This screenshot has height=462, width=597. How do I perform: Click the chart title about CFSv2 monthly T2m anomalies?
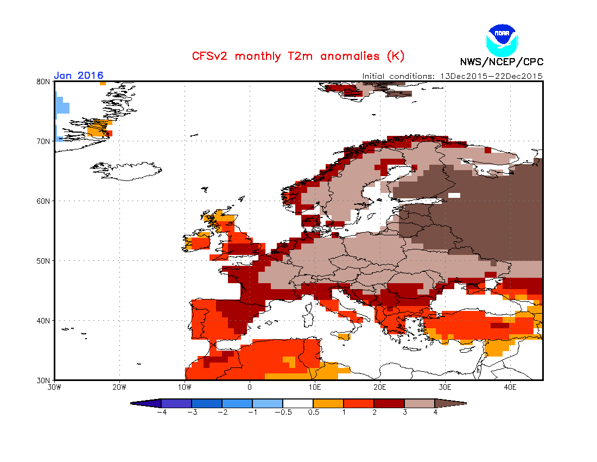point(298,56)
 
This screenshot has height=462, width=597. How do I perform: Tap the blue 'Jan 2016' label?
point(79,76)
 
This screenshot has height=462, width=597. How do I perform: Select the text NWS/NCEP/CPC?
point(501,61)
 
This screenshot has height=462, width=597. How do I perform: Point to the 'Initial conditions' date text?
point(452,76)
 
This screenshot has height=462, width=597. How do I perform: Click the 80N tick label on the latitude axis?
point(44,82)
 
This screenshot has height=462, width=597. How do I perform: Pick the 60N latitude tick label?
point(44,201)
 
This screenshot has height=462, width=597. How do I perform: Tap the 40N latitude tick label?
point(44,321)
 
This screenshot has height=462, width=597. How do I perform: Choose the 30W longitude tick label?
point(54,387)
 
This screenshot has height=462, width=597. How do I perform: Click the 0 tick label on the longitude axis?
point(250,387)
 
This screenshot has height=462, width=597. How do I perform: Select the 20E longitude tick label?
point(380,387)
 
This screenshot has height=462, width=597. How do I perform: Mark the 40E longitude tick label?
point(510,387)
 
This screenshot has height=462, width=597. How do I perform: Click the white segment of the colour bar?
point(298,403)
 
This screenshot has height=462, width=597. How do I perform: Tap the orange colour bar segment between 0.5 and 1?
point(328,403)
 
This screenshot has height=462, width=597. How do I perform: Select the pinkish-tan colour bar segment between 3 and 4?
point(420,403)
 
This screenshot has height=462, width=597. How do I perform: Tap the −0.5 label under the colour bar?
point(282,412)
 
